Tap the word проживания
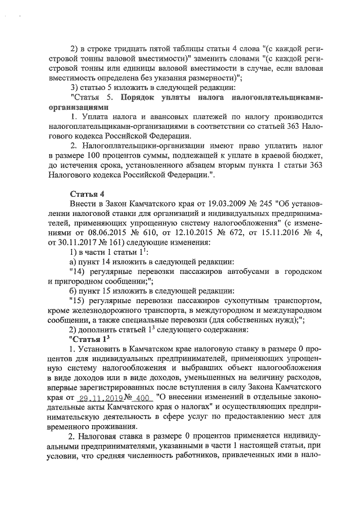[108, 427]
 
